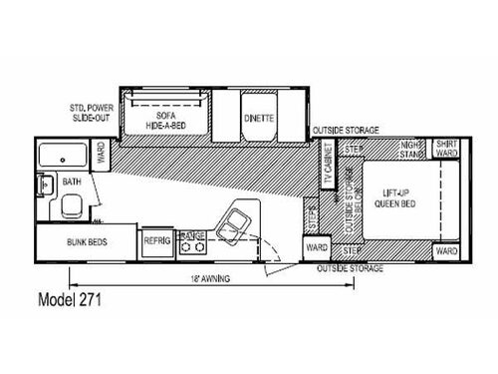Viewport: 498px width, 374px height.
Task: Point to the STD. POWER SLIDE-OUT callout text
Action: click(88, 113)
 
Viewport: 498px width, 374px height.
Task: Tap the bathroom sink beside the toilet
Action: click(45, 185)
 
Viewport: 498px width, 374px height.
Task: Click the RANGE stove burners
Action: click(192, 240)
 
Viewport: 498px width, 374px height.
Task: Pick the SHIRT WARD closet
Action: click(445, 149)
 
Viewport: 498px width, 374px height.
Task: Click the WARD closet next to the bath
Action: click(102, 154)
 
